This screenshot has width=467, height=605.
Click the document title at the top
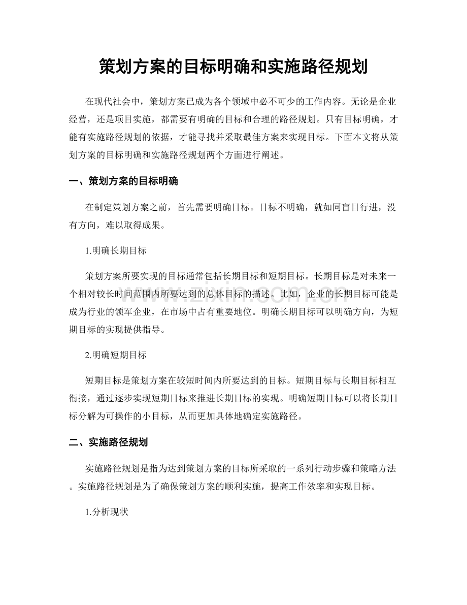[x=233, y=66]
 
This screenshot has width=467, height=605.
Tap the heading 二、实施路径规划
[x=108, y=442]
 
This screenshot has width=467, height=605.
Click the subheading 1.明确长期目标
[x=116, y=251]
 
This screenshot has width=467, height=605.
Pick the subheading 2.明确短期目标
[x=116, y=356]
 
